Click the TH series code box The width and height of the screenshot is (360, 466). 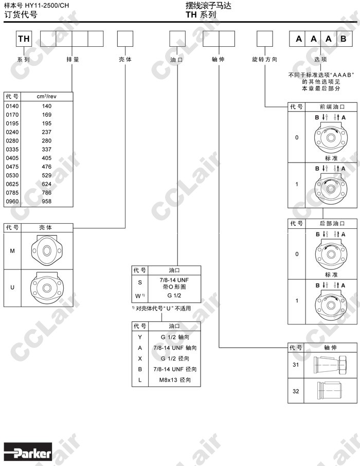click(24, 39)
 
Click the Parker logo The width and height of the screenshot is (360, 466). click(29, 453)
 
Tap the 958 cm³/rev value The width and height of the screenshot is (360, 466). click(47, 201)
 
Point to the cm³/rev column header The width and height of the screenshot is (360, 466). click(47, 96)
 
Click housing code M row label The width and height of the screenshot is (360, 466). click(12, 250)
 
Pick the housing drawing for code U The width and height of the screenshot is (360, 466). click(47, 288)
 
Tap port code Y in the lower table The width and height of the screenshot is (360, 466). click(140, 337)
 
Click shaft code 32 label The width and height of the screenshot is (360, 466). click(296, 391)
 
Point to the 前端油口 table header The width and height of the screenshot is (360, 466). click(331, 107)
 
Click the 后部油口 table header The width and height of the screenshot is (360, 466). click(331, 223)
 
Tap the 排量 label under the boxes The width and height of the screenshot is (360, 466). click(73, 60)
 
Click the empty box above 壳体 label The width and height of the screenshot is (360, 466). click(125, 39)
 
